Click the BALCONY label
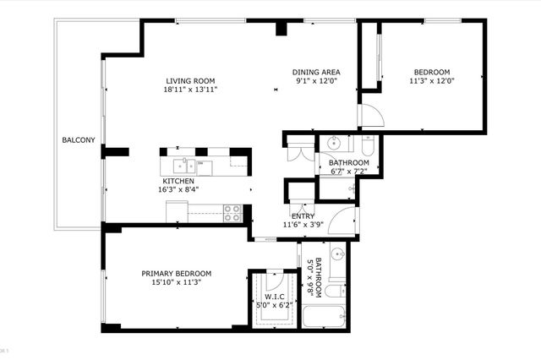pyautogui.click(x=78, y=139)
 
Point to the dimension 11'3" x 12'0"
pyautogui.click(x=432, y=82)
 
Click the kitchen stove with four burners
pyautogui.click(x=233, y=213)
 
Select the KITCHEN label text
pyautogui.click(x=178, y=181)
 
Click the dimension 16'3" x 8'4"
pyautogui.click(x=178, y=190)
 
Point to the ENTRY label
pyautogui.click(x=303, y=216)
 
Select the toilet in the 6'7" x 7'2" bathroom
pyautogui.click(x=367, y=143)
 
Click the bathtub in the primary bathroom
pyautogui.click(x=324, y=318)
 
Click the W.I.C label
pyautogui.click(x=275, y=296)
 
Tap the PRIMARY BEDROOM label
pyautogui.click(x=176, y=273)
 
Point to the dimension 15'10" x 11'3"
pyautogui.click(x=176, y=282)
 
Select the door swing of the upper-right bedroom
pyautogui.click(x=370, y=116)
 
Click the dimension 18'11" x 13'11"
pyautogui.click(x=192, y=90)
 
